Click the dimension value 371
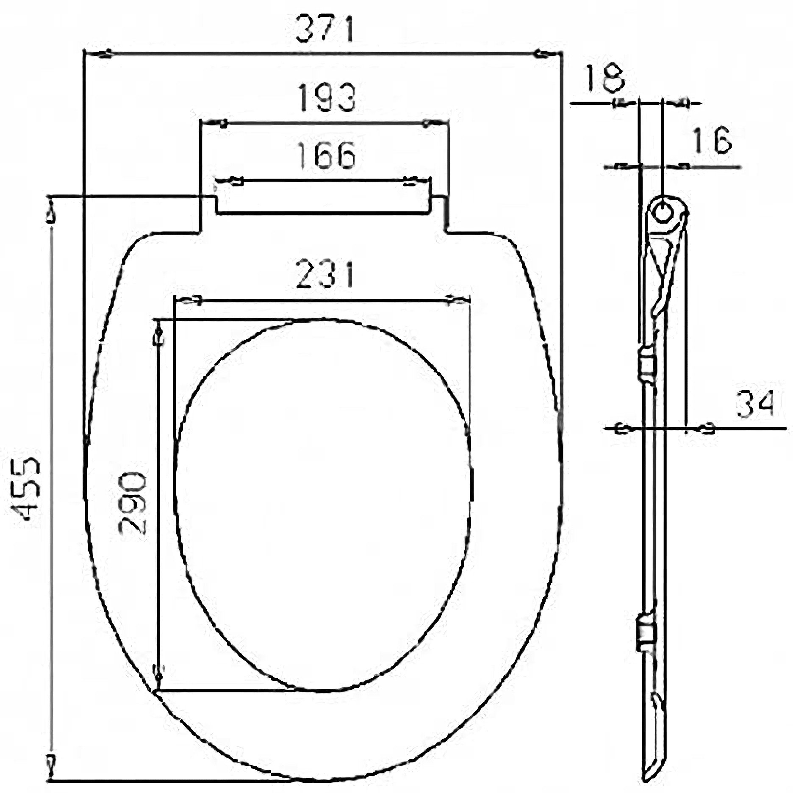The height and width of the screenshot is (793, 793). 324,28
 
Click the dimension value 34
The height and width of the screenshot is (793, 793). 755,403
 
